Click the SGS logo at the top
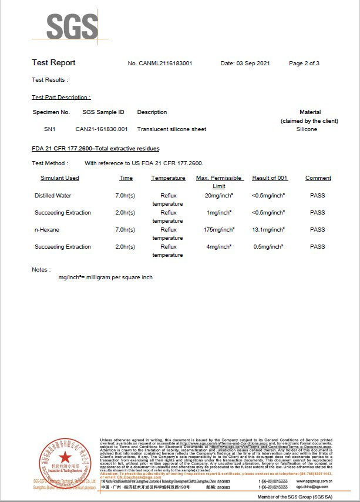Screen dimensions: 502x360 tap(72, 27)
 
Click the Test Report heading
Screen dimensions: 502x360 tap(53, 63)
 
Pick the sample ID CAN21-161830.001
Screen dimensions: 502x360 tap(102, 129)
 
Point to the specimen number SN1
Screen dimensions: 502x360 tap(50, 129)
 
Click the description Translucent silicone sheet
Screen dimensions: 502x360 tap(171, 129)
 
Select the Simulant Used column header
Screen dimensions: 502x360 tap(60, 178)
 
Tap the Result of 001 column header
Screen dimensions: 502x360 tap(270, 178)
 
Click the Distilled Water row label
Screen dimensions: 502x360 tap(53, 196)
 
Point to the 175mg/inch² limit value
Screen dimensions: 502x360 tap(219, 230)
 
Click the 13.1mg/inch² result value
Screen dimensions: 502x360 tap(269, 230)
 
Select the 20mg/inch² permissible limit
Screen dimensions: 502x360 tap(220, 196)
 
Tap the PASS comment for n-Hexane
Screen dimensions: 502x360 tap(318, 230)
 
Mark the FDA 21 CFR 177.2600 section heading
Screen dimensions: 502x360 tap(95, 149)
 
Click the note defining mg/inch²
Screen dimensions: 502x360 tap(105, 277)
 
